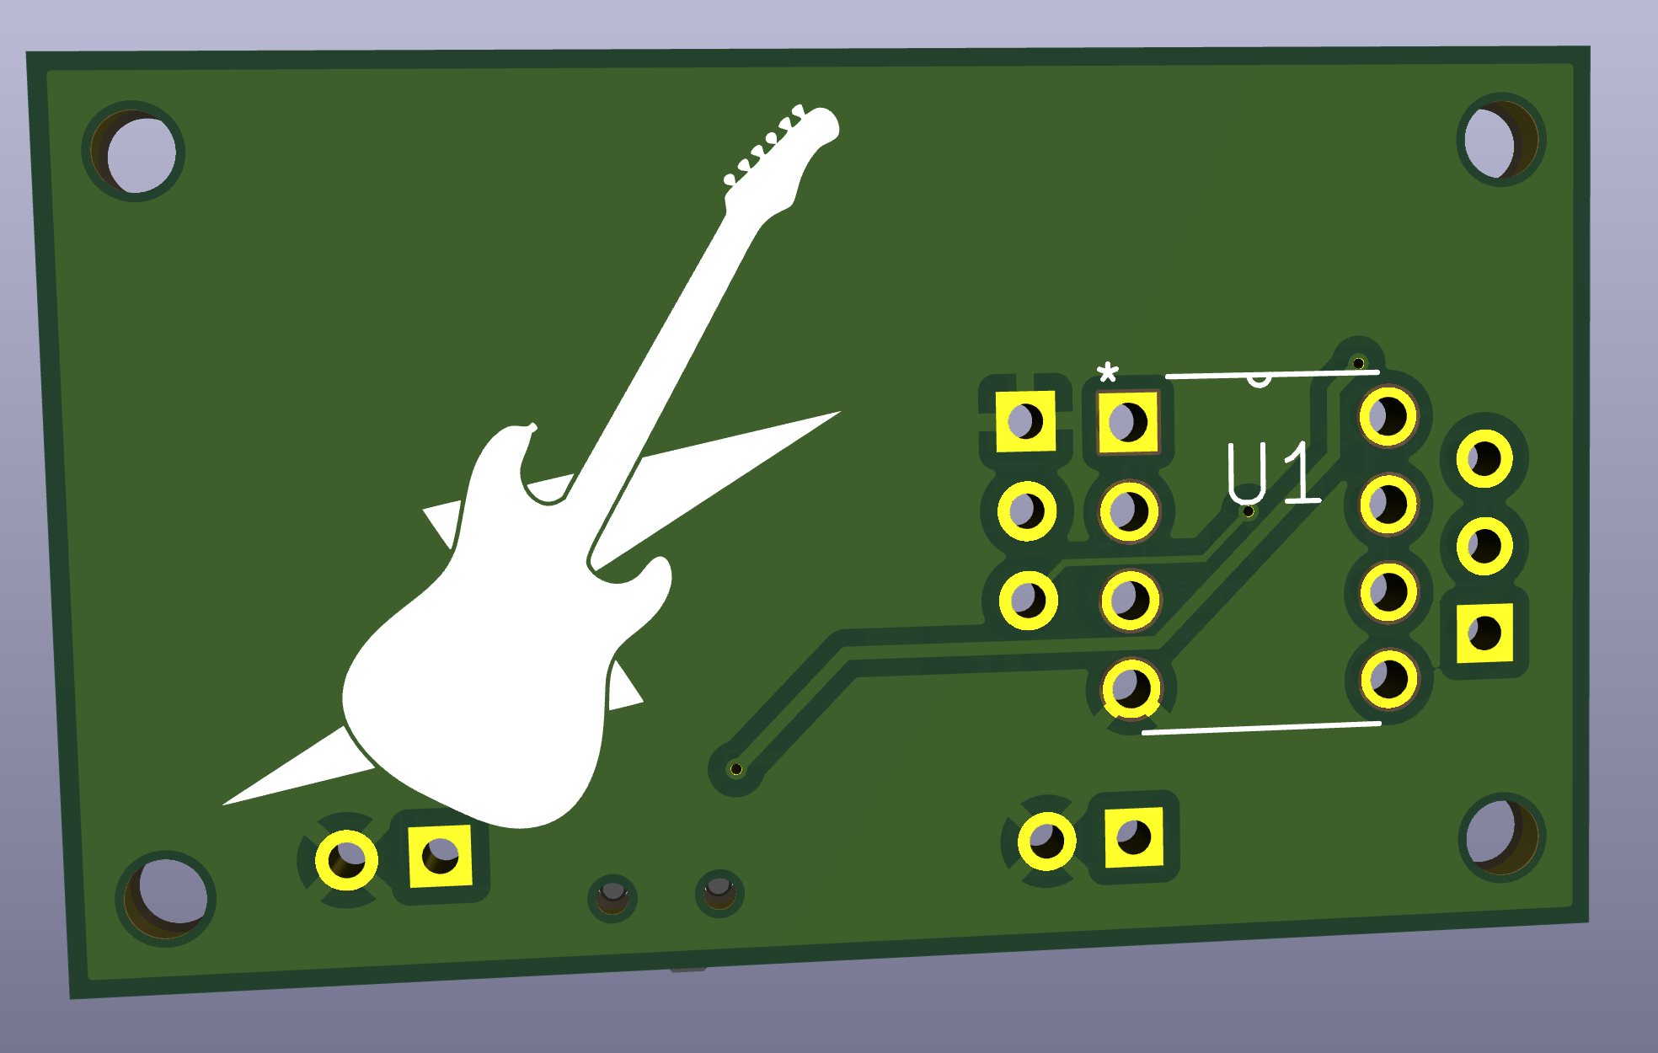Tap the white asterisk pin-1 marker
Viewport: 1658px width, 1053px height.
pyautogui.click(x=1107, y=371)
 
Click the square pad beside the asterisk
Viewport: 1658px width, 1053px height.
pyautogui.click(x=1127, y=421)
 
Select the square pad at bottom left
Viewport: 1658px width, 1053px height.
pyautogui.click(x=440, y=856)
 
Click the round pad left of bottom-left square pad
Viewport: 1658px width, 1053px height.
pyautogui.click(x=346, y=859)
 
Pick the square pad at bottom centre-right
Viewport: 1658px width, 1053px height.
pyautogui.click(x=1133, y=837)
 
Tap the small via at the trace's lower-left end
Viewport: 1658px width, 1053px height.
pyautogui.click(x=735, y=768)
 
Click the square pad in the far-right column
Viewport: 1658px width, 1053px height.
pyautogui.click(x=1484, y=633)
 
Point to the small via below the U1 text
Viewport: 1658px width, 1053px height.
pyautogui.click(x=1248, y=511)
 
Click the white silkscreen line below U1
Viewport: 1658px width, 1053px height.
pyautogui.click(x=1260, y=728)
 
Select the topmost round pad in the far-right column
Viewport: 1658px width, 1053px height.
pyautogui.click(x=1484, y=459)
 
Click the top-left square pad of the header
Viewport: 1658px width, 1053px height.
pyautogui.click(x=1025, y=420)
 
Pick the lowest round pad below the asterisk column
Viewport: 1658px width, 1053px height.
pyautogui.click(x=1131, y=688)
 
